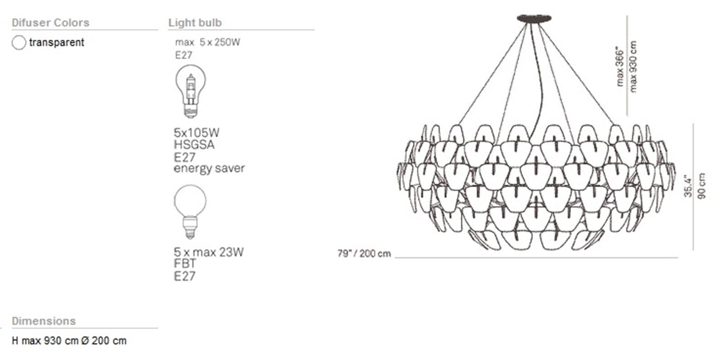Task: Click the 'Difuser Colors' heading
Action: tap(50, 23)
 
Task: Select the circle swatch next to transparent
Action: tap(19, 43)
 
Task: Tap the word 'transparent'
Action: tap(57, 43)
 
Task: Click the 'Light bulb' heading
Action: tap(195, 23)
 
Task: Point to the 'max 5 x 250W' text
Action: tap(208, 43)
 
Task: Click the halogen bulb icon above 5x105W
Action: tap(191, 91)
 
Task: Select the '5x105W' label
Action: tap(197, 133)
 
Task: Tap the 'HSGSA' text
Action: tap(194, 145)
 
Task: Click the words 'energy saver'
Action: tap(209, 169)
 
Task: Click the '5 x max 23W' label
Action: tap(208, 252)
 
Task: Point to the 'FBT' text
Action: tap(185, 264)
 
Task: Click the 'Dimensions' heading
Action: tap(43, 321)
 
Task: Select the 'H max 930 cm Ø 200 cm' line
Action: tap(69, 341)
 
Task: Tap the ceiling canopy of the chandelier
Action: tap(534, 18)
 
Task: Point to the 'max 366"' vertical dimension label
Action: tap(619, 68)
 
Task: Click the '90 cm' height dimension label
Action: tap(701, 186)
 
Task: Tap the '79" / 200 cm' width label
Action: tap(364, 253)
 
